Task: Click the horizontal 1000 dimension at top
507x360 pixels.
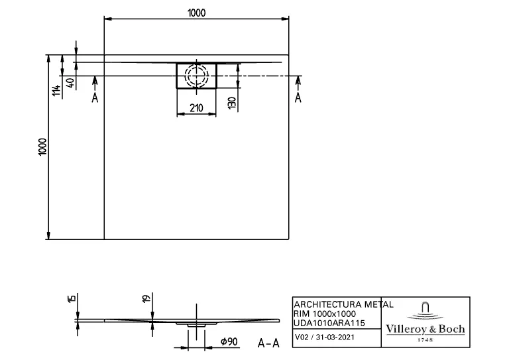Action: tap(197, 13)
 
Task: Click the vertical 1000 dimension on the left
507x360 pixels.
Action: tap(42, 147)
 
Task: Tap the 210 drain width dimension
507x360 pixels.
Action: tap(196, 108)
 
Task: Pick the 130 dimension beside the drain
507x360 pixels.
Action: tap(231, 103)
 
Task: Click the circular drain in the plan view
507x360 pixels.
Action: tap(196, 75)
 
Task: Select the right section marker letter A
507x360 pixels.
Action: tap(298, 97)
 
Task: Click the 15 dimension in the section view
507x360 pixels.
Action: tap(72, 300)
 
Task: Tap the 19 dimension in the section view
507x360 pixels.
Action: tap(147, 300)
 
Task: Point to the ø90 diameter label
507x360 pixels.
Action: tap(229, 342)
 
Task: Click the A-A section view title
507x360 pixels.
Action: tap(267, 343)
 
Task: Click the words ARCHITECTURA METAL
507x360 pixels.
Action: tap(343, 304)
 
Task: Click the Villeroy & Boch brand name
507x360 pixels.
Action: tap(425, 329)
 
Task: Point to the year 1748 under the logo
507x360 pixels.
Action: tap(425, 339)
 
